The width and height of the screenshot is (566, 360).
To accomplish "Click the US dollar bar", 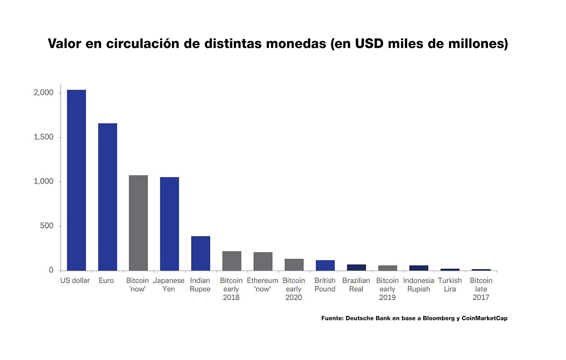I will (76, 180).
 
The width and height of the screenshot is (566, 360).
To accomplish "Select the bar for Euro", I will (108, 197).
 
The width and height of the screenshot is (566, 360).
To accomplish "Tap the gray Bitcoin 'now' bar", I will (138, 223).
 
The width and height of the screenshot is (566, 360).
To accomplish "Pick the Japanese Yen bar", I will (170, 224).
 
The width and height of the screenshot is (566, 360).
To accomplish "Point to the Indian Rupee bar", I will (200, 253).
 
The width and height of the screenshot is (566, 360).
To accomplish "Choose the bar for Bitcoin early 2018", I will (232, 261).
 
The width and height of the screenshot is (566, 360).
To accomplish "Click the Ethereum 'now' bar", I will (263, 261).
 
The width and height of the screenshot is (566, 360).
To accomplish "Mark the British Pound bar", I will (325, 265).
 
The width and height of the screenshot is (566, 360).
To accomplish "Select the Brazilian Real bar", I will (356, 267).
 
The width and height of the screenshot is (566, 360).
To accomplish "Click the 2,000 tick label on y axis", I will (44, 93).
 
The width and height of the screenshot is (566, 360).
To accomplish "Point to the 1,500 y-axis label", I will (44, 137).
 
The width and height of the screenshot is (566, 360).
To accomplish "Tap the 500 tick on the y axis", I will (47, 226).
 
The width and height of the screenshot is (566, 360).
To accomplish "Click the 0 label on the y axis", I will (51, 270).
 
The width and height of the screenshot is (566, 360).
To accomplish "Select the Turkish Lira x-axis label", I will (450, 285).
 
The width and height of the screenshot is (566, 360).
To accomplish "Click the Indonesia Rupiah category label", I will (419, 285).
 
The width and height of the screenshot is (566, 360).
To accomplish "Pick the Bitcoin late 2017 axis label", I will (481, 289).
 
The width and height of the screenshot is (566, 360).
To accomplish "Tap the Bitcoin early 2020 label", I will (294, 289).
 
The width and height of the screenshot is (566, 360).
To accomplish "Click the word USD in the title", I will (369, 44).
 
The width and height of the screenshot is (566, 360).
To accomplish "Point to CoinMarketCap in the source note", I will (484, 318).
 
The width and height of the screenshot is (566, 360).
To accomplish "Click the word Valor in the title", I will (64, 44).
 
